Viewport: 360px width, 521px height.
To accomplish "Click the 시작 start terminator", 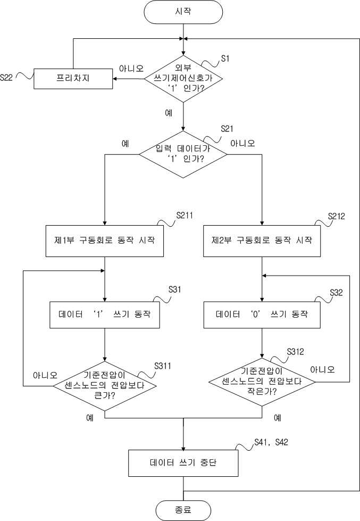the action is point(183,12).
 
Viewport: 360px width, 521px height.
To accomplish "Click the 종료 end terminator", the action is point(183,510).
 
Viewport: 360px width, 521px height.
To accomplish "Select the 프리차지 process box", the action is point(73,79).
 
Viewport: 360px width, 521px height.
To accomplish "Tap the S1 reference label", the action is point(225,59).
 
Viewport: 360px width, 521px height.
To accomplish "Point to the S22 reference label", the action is point(6,77).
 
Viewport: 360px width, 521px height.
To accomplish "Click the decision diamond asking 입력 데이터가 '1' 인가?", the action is point(183,154).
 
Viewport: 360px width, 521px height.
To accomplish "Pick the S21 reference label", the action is point(227,129).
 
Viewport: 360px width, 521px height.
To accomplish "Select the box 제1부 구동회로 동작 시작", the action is point(105,241).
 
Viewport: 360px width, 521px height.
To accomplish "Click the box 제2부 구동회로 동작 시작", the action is point(262,241).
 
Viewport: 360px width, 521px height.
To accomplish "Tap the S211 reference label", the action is point(185,216).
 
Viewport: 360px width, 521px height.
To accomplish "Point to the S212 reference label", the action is point(337,216).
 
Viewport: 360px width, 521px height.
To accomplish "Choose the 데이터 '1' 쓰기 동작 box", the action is point(105,315).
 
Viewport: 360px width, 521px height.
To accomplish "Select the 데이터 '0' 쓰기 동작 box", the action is point(262,315).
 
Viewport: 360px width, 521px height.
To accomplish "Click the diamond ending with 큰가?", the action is point(105,386).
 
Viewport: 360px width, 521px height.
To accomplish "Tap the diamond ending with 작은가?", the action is point(262,382).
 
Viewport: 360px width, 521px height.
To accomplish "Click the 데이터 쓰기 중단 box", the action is point(183,463).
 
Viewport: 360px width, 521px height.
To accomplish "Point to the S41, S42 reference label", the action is point(271,442).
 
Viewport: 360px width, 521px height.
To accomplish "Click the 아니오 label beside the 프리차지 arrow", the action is point(131,69).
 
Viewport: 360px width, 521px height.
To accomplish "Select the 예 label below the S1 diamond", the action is point(169,113).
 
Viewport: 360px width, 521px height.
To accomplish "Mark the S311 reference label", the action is point(163,366).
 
